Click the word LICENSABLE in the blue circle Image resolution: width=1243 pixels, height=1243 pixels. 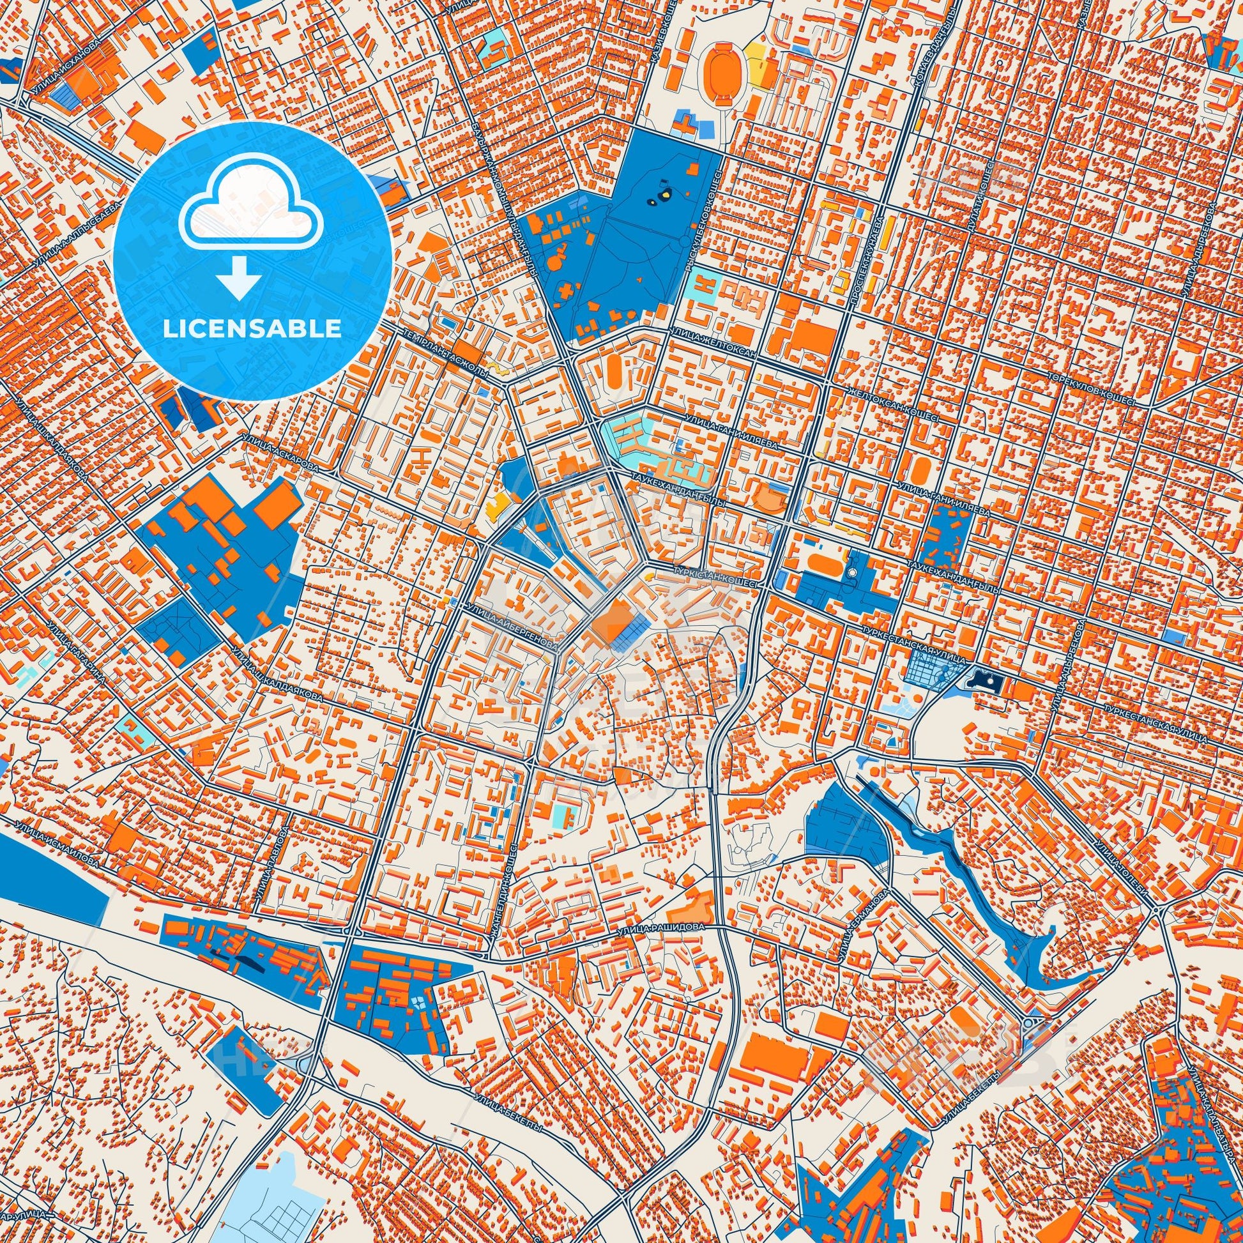tap(252, 329)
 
